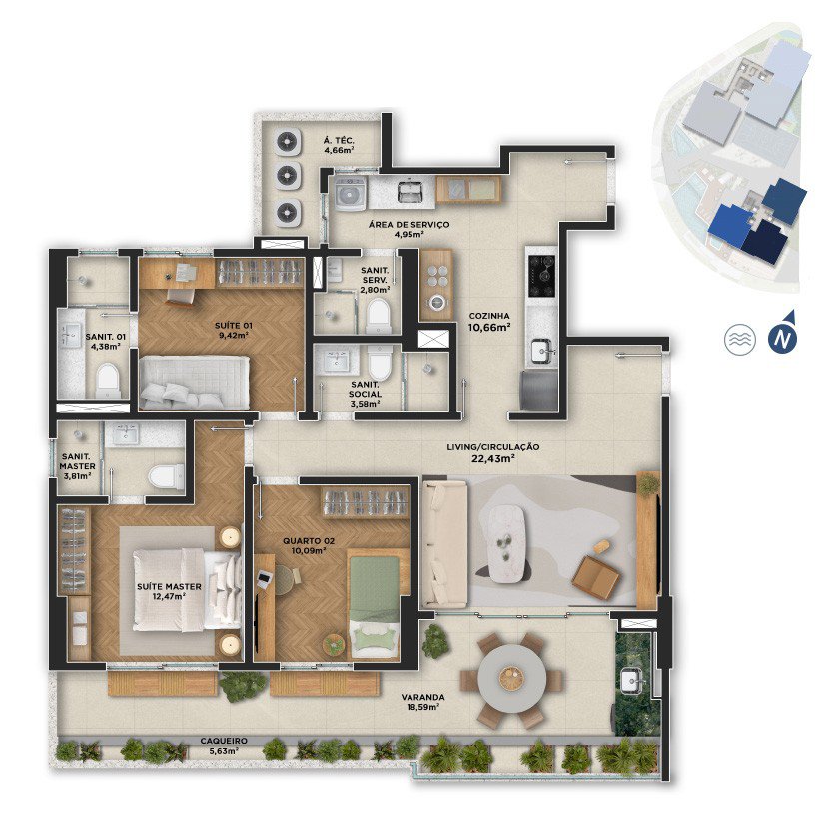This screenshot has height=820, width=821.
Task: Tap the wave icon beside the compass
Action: [x=739, y=339]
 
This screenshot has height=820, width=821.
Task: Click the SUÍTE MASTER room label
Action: [x=169, y=586]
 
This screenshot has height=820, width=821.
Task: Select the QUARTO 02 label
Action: [x=309, y=541]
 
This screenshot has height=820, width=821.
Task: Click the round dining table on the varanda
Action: [x=511, y=678]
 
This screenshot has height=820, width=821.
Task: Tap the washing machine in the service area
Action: [x=351, y=193]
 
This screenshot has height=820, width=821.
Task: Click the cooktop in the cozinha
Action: [x=541, y=276]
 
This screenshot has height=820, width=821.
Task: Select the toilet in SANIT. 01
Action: [x=109, y=380]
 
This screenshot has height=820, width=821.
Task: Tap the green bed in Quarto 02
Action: [x=375, y=606]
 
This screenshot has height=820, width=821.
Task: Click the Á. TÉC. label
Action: [x=339, y=141]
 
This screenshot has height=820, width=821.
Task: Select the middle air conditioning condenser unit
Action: [x=287, y=176]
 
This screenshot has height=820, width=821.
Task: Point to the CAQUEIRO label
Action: [x=224, y=741]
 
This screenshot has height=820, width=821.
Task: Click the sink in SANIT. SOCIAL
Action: [x=336, y=361]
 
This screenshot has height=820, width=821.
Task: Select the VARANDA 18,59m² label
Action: [x=423, y=702]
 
